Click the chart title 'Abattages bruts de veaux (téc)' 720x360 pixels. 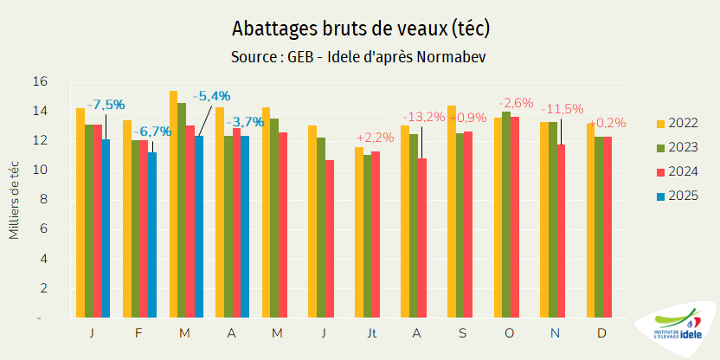pos(360,29)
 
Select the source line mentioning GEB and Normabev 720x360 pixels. pos(360,57)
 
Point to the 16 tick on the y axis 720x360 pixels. pos(40,81)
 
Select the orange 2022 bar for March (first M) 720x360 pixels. pos(173,204)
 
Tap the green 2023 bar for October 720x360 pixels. pos(506,215)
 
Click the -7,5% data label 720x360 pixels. pos(105,106)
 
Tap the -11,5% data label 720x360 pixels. pos(562,110)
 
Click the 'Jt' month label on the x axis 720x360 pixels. pos(371,332)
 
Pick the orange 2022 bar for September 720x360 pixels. pos(452,212)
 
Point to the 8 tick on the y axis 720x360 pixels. pos(40,200)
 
